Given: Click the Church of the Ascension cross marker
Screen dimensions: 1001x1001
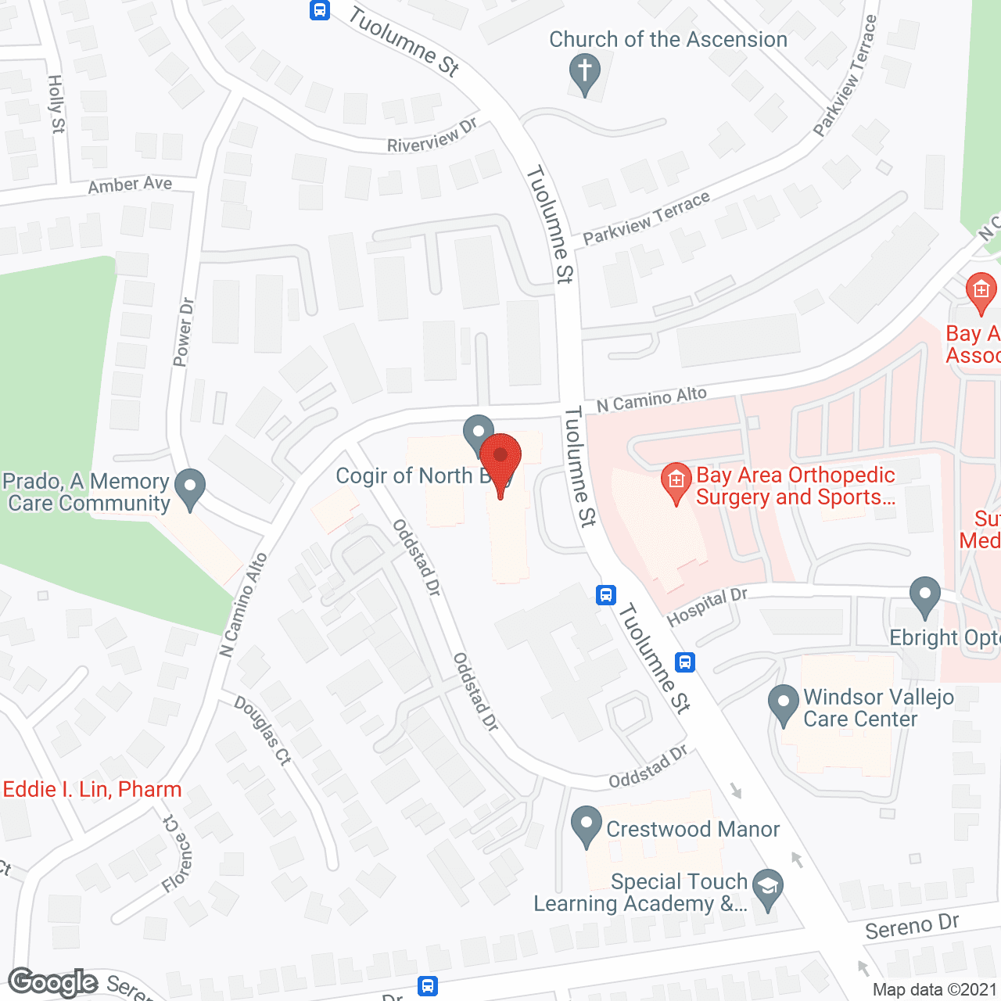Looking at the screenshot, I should (584, 72).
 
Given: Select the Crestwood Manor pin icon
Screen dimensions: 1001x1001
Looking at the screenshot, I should (586, 826).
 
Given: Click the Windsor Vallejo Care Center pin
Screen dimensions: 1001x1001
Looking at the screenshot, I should (783, 705).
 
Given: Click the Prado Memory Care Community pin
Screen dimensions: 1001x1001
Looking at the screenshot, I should (189, 488).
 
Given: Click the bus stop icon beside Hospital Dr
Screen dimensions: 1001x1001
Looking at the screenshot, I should (606, 595).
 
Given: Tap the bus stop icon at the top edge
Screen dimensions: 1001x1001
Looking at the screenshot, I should (319, 9).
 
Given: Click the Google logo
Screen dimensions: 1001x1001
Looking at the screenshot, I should (53, 982).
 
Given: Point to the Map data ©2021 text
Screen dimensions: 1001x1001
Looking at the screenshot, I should (935, 990).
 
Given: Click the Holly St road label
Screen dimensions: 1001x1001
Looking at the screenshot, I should (56, 104).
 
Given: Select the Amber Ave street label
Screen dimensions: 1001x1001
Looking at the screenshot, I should (130, 185).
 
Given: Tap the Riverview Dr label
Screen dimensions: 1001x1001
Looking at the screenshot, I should (432, 136).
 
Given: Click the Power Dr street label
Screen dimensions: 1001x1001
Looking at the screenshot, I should (183, 332).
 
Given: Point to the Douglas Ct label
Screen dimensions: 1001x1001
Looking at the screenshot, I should (263, 730).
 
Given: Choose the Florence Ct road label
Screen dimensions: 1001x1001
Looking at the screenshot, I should (177, 853).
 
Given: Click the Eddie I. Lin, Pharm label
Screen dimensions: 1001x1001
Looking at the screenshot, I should (92, 789).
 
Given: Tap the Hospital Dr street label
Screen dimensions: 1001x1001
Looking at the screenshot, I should (707, 606).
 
